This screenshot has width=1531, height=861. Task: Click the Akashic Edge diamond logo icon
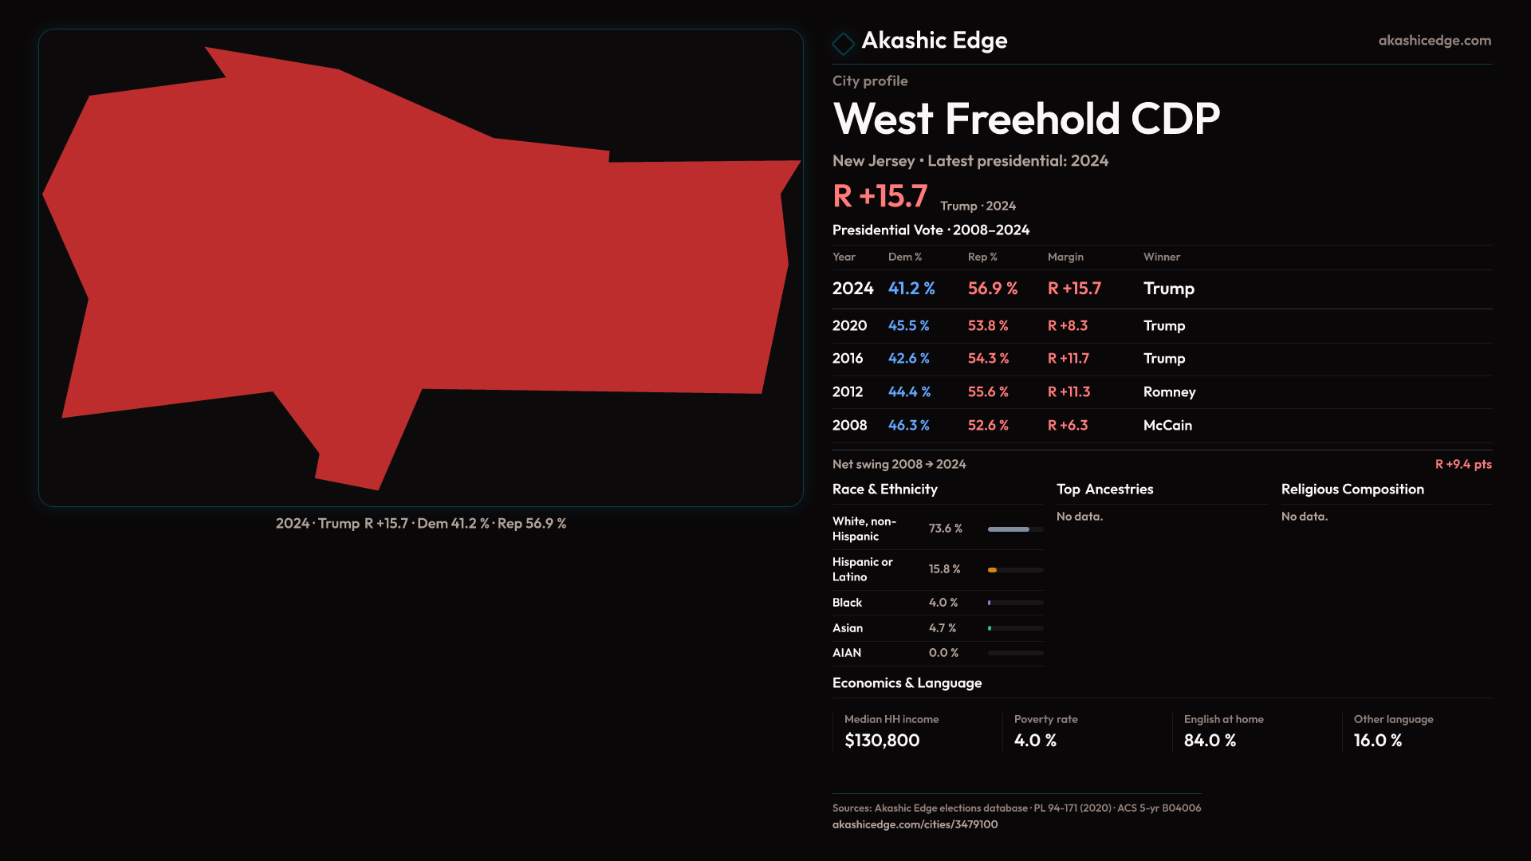(843, 43)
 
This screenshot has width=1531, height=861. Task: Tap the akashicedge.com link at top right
(1434, 41)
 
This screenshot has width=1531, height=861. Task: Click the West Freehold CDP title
(1025, 119)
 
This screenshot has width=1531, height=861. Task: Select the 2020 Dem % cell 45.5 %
(908, 326)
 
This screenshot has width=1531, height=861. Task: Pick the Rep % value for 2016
(987, 359)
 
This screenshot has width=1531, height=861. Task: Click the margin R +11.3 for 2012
(1068, 392)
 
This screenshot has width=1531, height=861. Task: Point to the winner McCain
(1167, 426)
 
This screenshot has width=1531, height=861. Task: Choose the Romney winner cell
(1169, 392)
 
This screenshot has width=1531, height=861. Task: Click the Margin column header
(1065, 258)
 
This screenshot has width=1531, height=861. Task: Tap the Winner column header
(1161, 258)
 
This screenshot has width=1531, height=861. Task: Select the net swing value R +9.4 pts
(1462, 465)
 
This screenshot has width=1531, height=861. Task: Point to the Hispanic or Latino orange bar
(992, 570)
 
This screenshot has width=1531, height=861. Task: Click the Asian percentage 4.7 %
(942, 628)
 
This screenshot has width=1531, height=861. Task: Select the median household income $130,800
(881, 741)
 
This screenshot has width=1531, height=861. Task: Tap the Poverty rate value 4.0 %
(1034, 741)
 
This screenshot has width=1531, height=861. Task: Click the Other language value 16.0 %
(1377, 741)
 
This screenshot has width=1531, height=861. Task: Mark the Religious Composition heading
(1352, 489)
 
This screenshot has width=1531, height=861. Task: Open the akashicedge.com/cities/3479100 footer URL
(915, 825)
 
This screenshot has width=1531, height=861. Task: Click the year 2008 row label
(849, 426)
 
